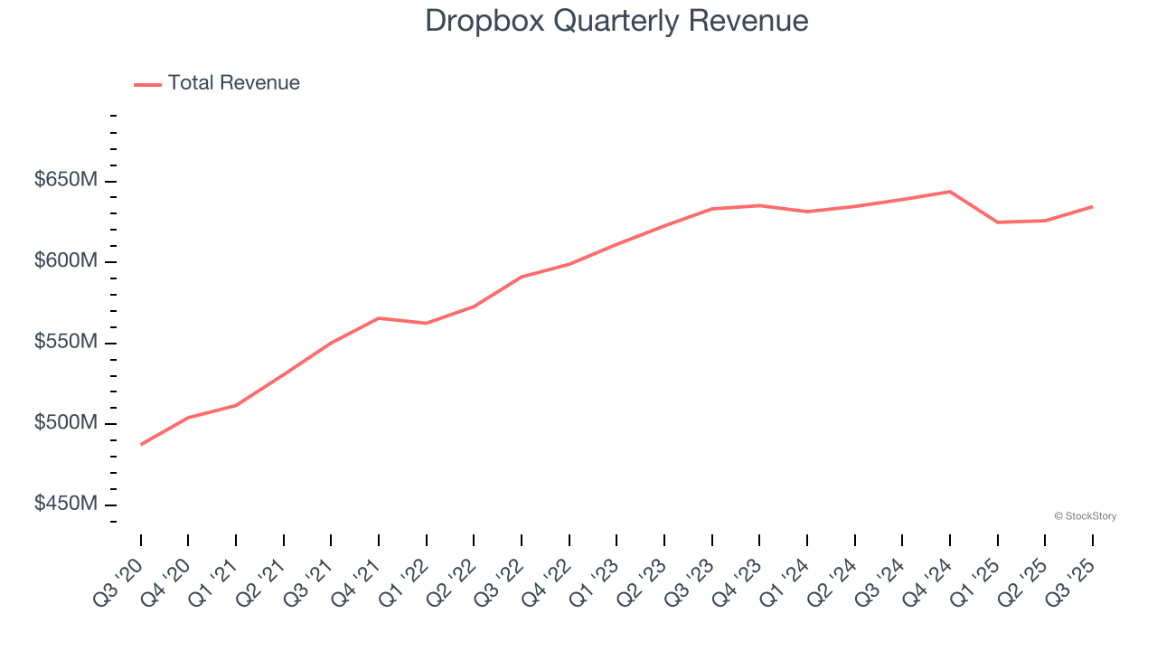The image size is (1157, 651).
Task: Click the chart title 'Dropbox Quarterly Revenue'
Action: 616,21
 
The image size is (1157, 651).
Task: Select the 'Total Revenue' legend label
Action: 233,83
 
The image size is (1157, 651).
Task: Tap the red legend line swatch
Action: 147,84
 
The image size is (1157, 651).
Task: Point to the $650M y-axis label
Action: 66,180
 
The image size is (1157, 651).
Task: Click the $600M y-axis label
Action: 66,261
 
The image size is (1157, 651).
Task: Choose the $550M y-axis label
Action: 66,343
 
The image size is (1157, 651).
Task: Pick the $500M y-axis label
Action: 66,423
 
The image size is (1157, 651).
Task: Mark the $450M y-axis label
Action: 66,504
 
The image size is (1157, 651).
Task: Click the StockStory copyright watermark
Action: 1085,516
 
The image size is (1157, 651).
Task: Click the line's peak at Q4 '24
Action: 949,192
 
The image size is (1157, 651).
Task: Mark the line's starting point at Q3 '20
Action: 141,445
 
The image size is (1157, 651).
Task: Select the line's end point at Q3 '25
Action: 1092,206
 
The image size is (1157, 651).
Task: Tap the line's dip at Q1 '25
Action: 997,222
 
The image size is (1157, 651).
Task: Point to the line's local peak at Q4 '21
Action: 379,318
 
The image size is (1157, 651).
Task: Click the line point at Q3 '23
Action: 711,209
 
